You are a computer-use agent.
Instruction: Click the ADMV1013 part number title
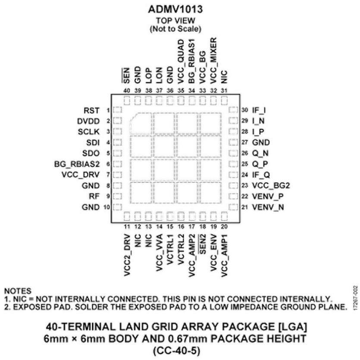tap(175, 9)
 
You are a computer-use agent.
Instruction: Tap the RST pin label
tap(91, 110)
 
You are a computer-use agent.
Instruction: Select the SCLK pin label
tap(89, 132)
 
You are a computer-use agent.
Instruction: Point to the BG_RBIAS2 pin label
tap(77, 164)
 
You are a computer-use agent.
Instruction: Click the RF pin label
tap(94, 196)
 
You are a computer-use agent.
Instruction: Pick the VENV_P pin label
tap(268, 197)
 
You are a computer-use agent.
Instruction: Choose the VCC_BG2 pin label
tap(271, 185)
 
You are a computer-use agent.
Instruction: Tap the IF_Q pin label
tap(261, 175)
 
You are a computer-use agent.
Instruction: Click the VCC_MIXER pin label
tap(213, 61)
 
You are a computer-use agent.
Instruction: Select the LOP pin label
tap(149, 75)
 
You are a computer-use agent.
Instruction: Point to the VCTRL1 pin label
tap(170, 249)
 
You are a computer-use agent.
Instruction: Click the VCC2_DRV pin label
tap(127, 255)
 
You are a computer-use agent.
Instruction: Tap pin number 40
tap(127, 91)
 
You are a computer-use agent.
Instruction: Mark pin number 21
tap(245, 207)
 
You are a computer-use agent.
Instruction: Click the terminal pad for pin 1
tap(117, 110)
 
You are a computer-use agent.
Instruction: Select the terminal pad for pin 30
tap(233, 110)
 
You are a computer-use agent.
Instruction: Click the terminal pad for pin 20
tap(224, 216)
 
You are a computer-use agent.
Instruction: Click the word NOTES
tap(18, 291)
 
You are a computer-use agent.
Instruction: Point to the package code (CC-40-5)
tap(176, 351)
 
